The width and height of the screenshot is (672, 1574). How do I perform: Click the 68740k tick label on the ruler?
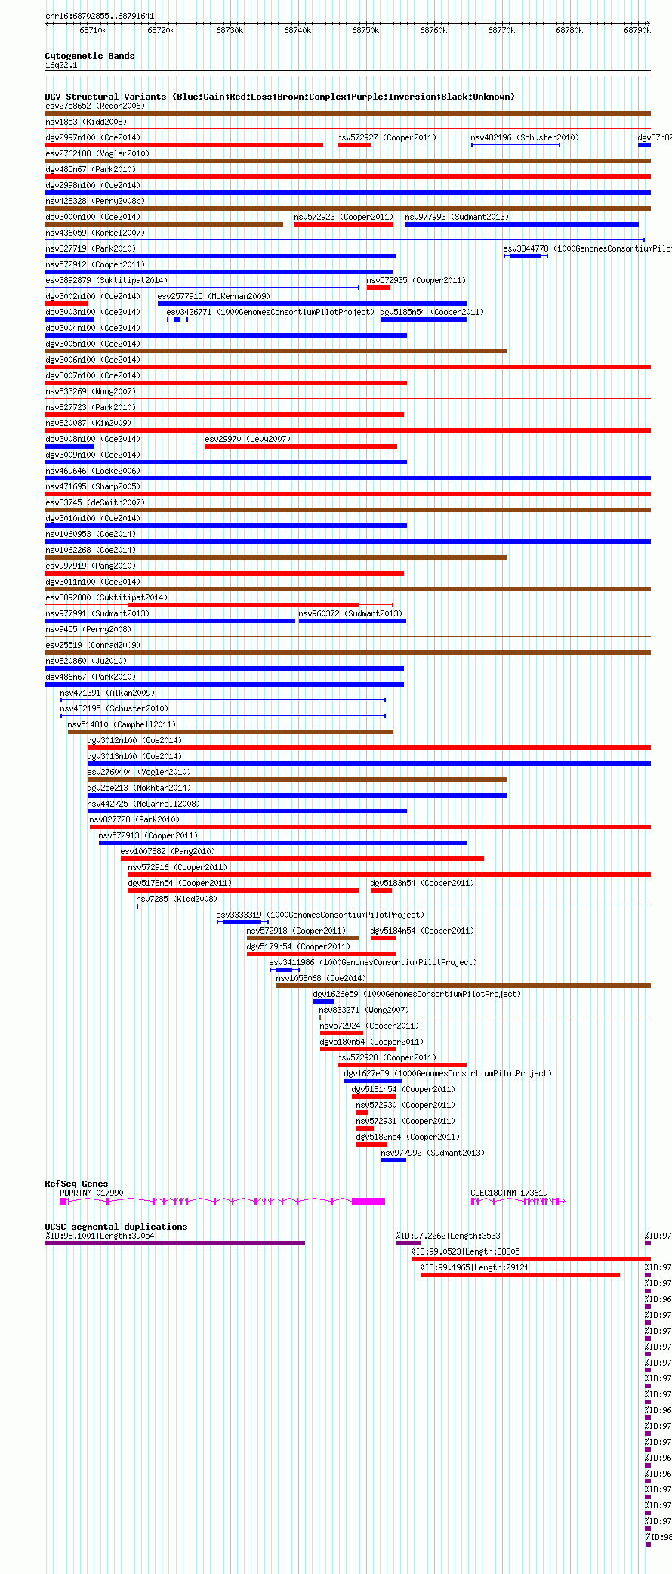(x=297, y=31)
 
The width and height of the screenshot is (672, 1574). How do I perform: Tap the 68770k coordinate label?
(x=501, y=31)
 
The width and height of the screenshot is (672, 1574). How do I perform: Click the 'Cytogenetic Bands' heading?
(x=89, y=56)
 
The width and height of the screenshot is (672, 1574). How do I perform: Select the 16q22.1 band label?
(x=61, y=65)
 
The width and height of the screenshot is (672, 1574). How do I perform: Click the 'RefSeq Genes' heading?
(x=76, y=1184)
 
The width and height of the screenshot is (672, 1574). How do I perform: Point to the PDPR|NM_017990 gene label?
(x=91, y=1193)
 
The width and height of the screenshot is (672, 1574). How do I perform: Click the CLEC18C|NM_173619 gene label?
(x=509, y=1193)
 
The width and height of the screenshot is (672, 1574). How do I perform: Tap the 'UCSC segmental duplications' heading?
(x=116, y=1227)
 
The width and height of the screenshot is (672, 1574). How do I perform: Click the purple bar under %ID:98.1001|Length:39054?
(x=174, y=1243)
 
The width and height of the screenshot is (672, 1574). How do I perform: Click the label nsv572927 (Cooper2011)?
(x=387, y=137)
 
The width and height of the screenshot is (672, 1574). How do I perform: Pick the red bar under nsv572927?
(x=354, y=145)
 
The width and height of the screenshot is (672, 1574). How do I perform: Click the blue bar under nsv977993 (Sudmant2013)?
(x=521, y=224)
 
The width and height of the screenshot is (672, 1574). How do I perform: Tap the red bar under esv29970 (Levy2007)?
(x=301, y=446)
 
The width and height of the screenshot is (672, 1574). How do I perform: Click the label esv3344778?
(x=526, y=248)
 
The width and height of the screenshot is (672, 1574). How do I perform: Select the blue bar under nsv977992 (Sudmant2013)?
(x=393, y=1160)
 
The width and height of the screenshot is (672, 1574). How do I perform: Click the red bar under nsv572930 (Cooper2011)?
(x=362, y=1113)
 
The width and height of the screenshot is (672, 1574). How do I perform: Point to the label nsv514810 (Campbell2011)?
(x=122, y=724)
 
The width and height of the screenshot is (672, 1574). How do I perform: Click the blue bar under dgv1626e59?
(x=323, y=1001)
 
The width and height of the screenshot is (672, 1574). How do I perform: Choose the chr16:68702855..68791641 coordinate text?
(x=100, y=16)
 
